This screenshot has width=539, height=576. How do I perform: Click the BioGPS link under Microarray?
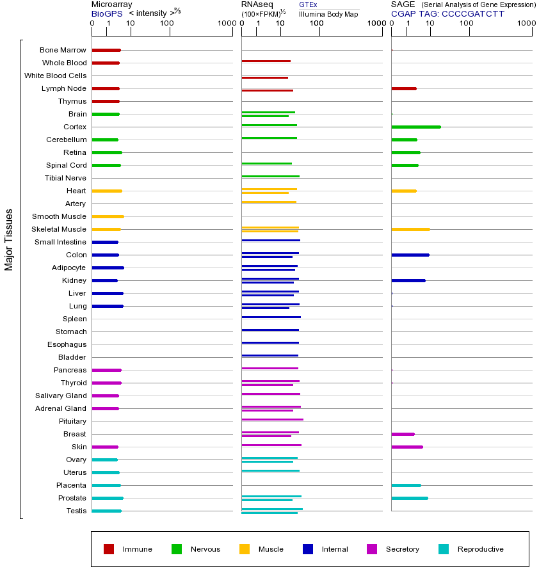click(x=106, y=13)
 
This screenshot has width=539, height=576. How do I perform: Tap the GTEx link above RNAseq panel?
click(x=308, y=4)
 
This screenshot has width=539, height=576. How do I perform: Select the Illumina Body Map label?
click(x=328, y=14)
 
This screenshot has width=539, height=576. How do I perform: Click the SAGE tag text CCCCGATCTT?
click(x=447, y=13)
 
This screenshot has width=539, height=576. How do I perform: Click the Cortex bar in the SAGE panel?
click(x=416, y=127)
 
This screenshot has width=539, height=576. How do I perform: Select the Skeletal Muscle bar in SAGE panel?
click(x=410, y=229)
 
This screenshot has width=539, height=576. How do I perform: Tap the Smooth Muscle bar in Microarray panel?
click(x=108, y=216)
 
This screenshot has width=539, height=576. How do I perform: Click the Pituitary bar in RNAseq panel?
click(x=272, y=419)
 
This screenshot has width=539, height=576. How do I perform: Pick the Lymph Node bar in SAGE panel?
click(x=404, y=88)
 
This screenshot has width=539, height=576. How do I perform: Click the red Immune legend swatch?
click(x=109, y=549)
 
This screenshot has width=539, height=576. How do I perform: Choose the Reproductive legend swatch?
click(x=444, y=549)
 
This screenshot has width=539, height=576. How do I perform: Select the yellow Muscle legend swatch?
click(x=245, y=549)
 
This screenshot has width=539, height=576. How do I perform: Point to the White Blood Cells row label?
click(x=55, y=76)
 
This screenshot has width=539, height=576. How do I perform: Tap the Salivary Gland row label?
click(x=61, y=396)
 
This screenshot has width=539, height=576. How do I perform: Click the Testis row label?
click(x=76, y=511)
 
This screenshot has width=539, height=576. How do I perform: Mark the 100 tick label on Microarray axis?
click(x=167, y=24)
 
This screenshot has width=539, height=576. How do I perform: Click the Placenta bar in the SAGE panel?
click(x=406, y=485)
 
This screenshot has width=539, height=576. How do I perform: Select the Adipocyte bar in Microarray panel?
click(x=108, y=268)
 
